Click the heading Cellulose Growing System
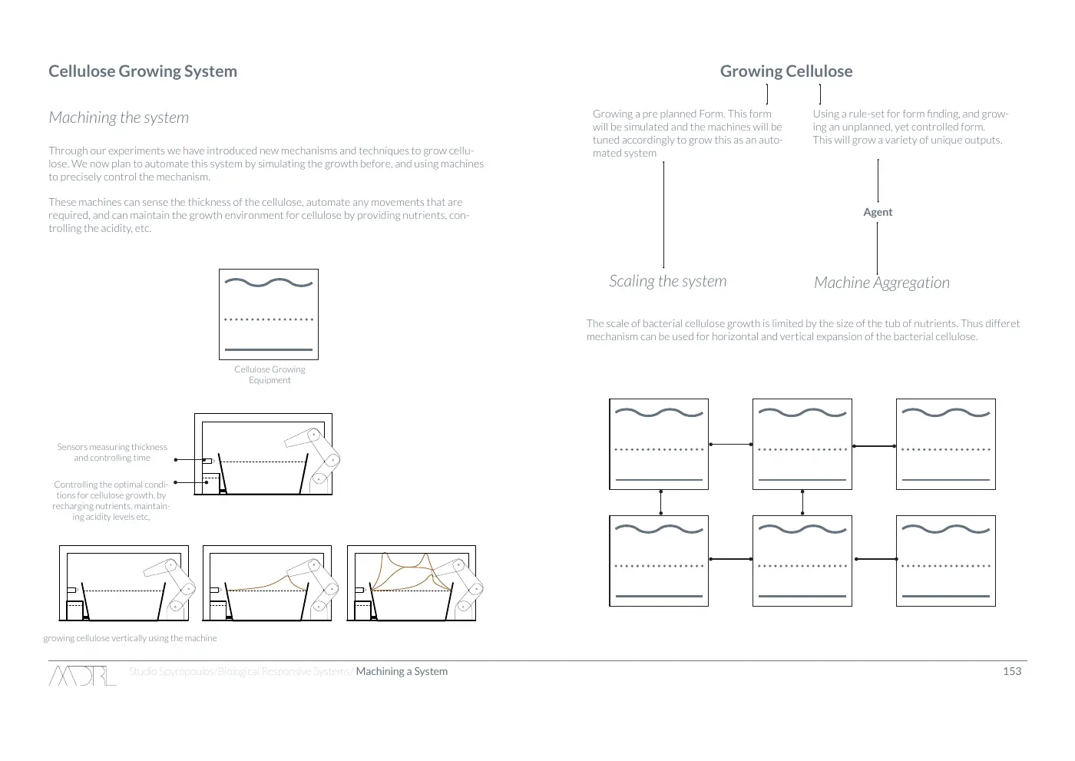(x=143, y=71)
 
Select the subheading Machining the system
(x=118, y=117)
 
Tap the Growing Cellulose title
(x=786, y=71)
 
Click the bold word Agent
(x=878, y=212)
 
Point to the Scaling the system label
(x=667, y=281)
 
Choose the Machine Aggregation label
(x=881, y=283)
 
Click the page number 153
(x=1012, y=671)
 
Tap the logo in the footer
(x=82, y=675)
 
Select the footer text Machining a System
(x=402, y=671)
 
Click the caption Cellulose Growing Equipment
(x=270, y=375)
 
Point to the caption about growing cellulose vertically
(x=130, y=638)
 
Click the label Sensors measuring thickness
(x=112, y=447)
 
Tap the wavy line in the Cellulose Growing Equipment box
(x=269, y=283)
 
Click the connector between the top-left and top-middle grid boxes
(x=730, y=445)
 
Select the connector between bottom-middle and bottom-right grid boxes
(x=876, y=559)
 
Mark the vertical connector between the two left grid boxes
(x=661, y=502)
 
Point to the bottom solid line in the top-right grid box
(x=945, y=480)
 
